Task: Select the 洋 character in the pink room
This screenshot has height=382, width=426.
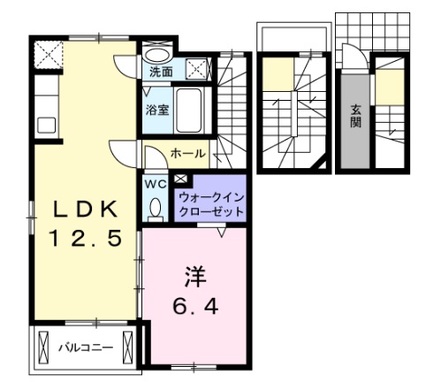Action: [x=194, y=278]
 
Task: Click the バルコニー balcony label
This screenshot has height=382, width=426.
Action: [x=86, y=348]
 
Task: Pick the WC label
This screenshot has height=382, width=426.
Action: [x=156, y=184]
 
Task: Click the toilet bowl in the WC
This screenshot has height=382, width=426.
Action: [x=156, y=209]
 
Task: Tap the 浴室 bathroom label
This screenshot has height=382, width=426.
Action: [x=156, y=111]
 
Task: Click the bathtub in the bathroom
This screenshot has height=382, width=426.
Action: [x=189, y=109]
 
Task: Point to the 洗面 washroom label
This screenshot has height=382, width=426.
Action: [x=161, y=72]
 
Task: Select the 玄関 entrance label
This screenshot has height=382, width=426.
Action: [x=356, y=116]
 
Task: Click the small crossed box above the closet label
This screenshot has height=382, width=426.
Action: [x=181, y=179]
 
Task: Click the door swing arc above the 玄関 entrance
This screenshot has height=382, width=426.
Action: [x=354, y=58]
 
